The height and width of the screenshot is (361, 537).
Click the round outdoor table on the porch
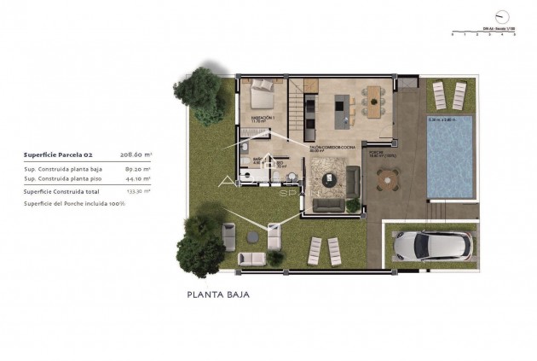tap(388, 178)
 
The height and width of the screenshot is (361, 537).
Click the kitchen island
tap(342, 104)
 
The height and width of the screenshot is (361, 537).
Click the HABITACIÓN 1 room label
tap(262, 118)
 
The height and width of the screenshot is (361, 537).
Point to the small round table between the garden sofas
tap(252, 235)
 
